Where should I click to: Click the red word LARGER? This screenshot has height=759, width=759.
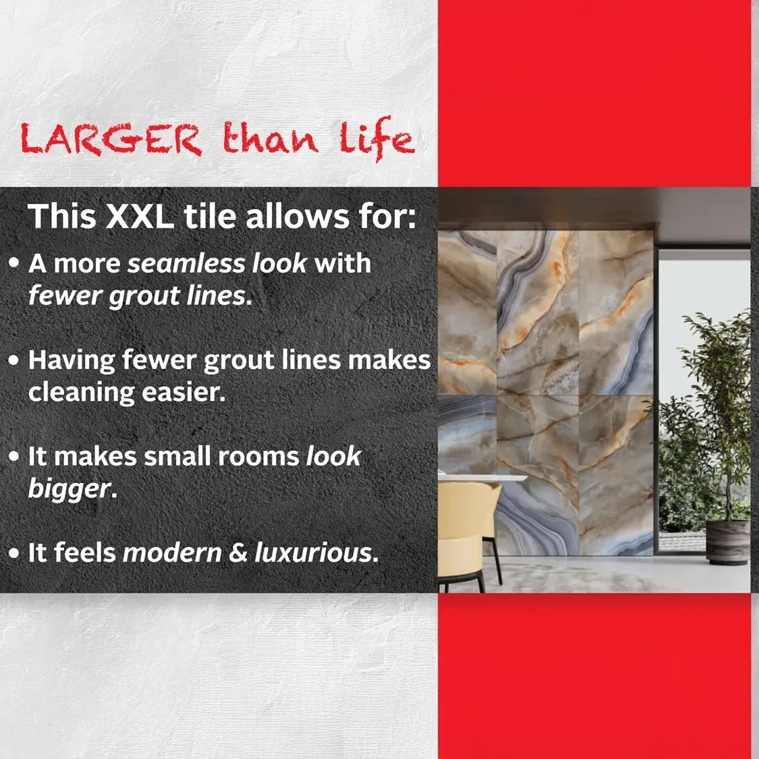click(111, 140)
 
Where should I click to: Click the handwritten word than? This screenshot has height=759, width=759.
click(270, 137)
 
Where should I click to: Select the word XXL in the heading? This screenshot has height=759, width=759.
click(140, 216)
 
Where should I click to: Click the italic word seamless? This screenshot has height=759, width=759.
click(186, 264)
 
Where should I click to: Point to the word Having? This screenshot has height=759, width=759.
click(71, 361)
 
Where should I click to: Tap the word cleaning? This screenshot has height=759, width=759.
click(82, 393)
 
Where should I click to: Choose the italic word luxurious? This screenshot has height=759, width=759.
click(313, 553)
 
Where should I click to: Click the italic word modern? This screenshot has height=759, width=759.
click(172, 553)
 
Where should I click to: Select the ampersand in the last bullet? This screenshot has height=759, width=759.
click(237, 553)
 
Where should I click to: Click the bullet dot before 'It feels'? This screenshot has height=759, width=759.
click(15, 553)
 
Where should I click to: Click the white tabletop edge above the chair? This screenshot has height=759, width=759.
click(482, 478)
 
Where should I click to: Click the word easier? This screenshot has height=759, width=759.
click(184, 393)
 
